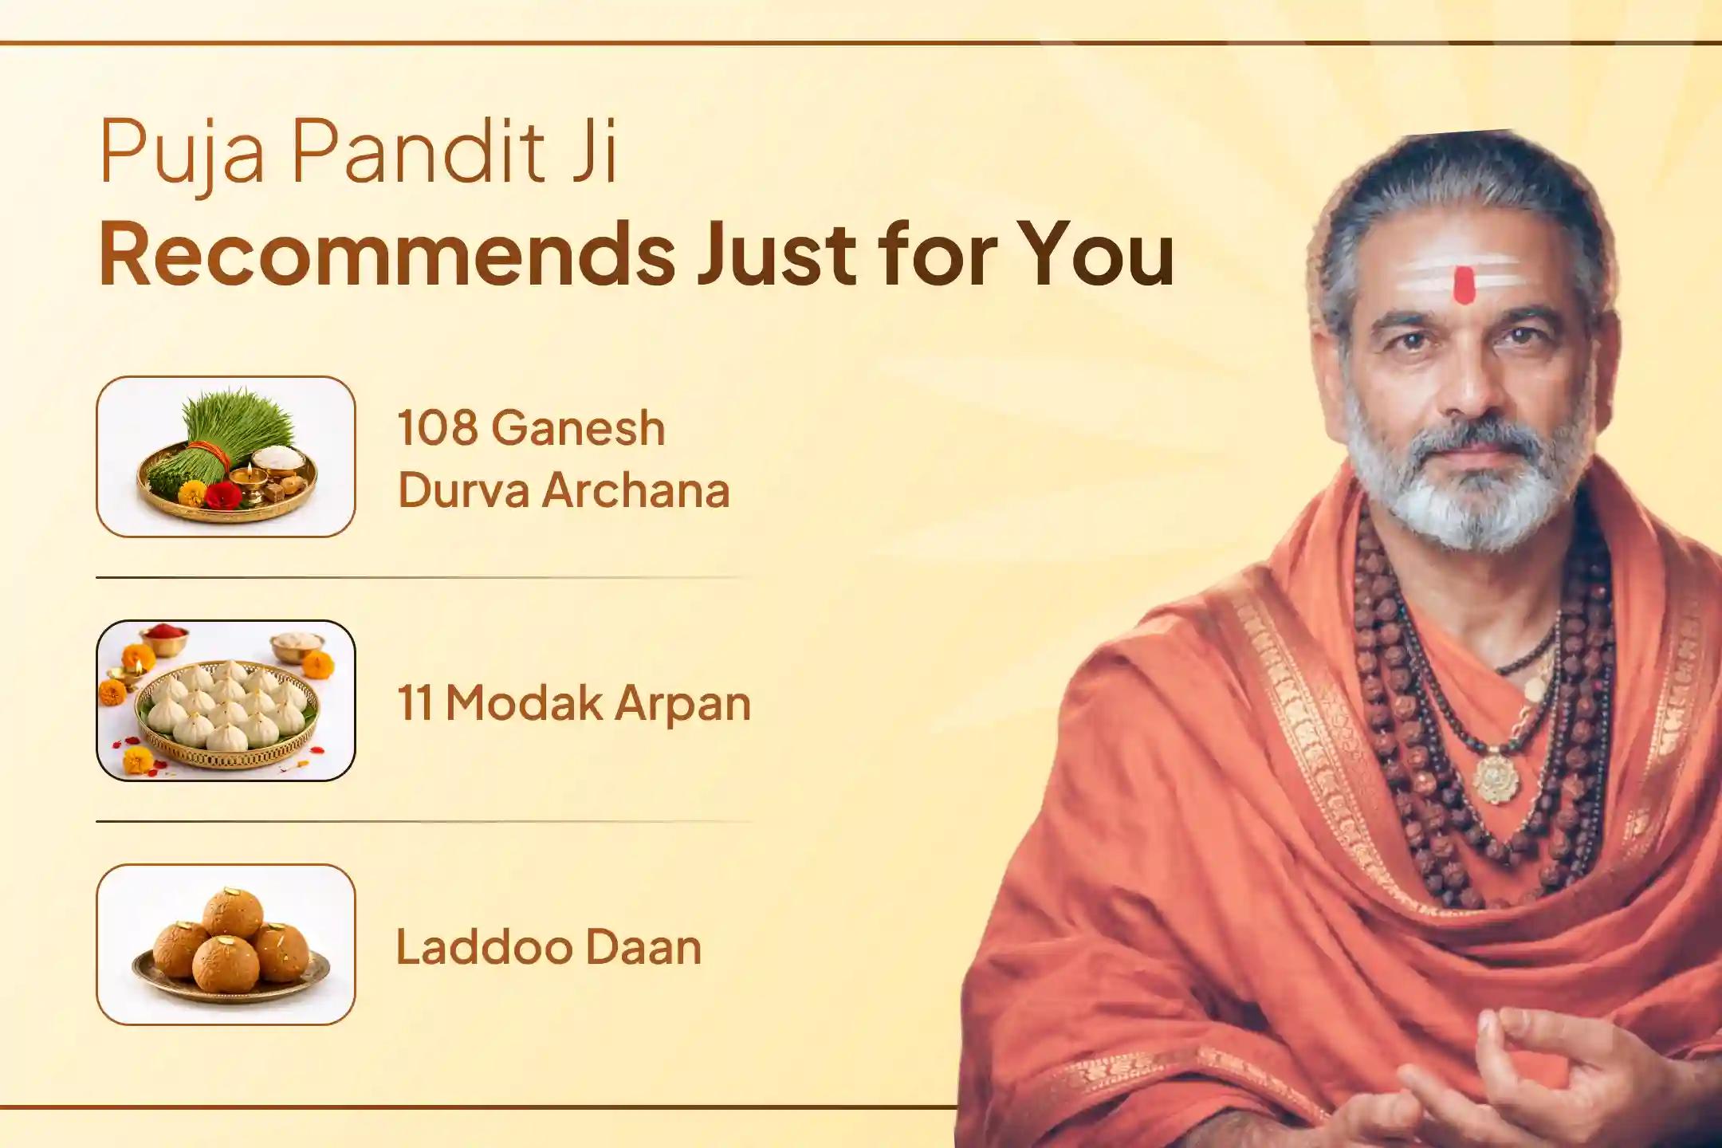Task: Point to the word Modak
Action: (523, 703)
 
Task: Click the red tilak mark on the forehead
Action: (1464, 285)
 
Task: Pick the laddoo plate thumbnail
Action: (226, 945)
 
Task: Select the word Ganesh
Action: (578, 428)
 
